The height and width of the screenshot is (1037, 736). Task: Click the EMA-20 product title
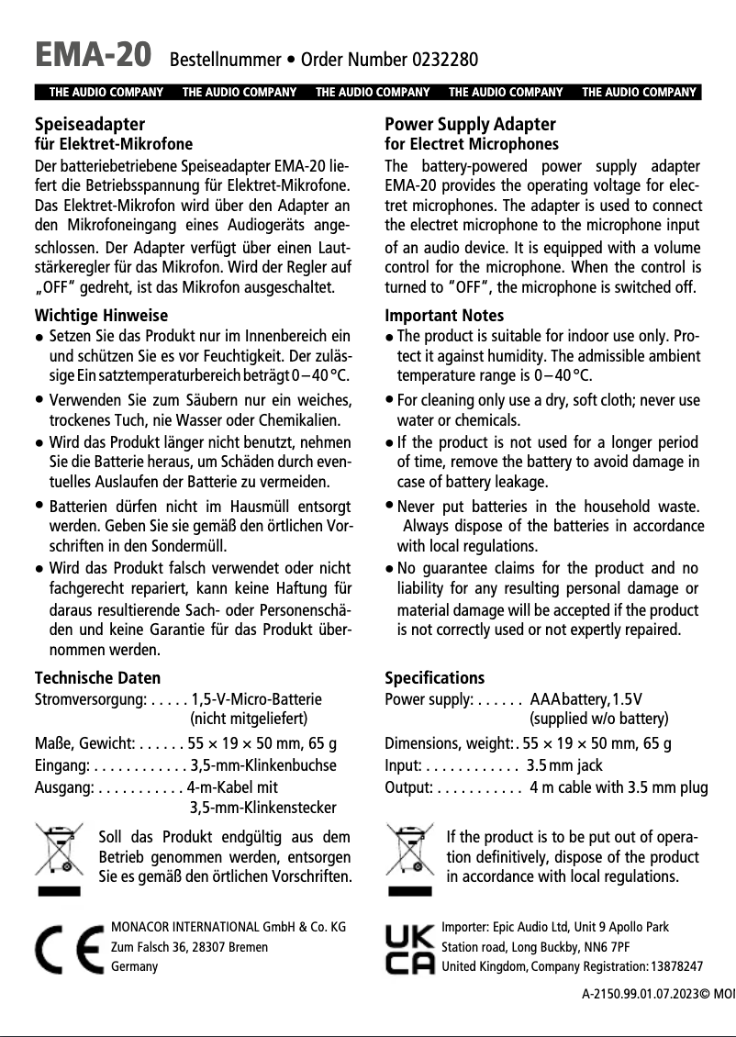coord(92,56)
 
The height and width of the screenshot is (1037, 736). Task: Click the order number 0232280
coord(445,61)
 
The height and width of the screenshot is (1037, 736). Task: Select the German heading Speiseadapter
coord(89,124)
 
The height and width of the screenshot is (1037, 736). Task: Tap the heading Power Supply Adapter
coord(470,124)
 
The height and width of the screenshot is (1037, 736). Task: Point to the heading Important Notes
coord(444,316)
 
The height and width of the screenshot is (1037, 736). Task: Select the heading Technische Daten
coord(97,678)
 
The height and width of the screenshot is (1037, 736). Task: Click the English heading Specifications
coord(434,678)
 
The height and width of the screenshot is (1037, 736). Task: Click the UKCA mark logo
coord(409,949)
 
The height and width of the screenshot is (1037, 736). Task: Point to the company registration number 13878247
coord(675,966)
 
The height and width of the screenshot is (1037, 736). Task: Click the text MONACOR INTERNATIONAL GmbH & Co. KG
coord(228,927)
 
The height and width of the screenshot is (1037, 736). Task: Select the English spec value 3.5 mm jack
coord(564,765)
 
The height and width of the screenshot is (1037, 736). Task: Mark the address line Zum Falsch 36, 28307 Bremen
coord(189,947)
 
